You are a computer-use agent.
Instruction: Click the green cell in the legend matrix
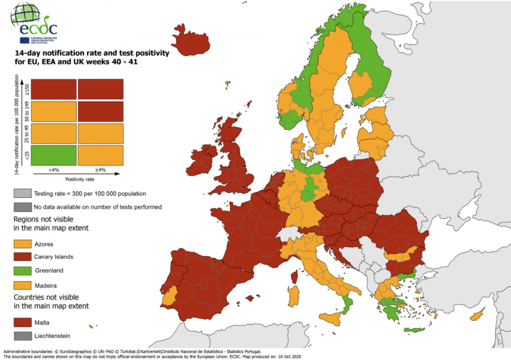(54, 155)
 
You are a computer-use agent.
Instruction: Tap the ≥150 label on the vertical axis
(26, 89)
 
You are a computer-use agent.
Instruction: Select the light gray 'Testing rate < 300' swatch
(22, 194)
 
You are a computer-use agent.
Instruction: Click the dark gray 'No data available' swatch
(22, 207)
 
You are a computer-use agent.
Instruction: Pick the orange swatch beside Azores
(22, 244)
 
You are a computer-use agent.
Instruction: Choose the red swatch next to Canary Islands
(22, 257)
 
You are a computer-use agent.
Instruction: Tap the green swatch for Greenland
(22, 270)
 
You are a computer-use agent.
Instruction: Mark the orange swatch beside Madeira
(22, 285)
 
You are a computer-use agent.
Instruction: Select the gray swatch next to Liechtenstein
(22, 336)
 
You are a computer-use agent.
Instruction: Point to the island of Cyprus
(477, 316)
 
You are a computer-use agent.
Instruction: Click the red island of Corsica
(294, 277)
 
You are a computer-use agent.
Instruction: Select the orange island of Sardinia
(292, 296)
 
